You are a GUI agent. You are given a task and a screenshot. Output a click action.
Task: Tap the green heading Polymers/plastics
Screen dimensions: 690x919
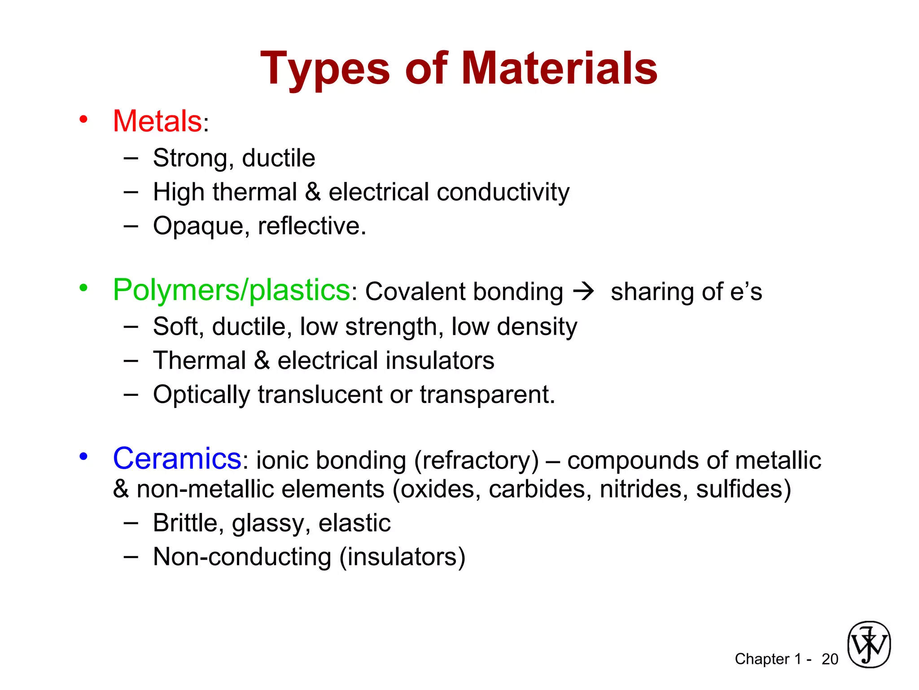[231, 290]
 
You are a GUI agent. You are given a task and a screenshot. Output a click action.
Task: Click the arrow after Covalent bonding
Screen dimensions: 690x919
[584, 292]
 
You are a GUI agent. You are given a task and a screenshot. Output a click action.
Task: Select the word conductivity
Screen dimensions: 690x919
[503, 192]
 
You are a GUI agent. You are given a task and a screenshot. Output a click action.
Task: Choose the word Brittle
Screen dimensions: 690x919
[188, 523]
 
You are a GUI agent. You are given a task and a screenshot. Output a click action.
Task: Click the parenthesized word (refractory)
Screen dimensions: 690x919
[476, 460]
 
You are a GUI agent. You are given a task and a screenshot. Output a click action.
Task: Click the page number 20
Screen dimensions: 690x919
[830, 659]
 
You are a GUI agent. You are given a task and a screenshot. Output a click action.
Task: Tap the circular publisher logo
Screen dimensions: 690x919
[869, 645]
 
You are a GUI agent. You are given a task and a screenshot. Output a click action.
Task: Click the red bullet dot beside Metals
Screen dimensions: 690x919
[83, 119]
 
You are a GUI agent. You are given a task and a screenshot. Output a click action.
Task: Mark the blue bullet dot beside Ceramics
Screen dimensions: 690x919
[83, 456]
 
